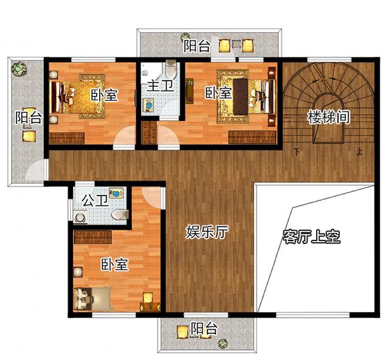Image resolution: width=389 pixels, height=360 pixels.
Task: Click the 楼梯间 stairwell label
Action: point(329,117)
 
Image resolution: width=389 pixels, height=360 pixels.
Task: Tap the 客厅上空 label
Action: point(312,237)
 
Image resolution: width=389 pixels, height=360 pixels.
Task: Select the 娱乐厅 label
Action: point(207,232)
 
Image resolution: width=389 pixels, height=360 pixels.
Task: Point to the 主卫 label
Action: point(160,86)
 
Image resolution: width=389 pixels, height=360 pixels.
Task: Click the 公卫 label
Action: point(95,200)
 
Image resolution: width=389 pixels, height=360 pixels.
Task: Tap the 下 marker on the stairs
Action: point(297,151)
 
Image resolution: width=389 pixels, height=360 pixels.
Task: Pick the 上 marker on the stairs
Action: point(359,151)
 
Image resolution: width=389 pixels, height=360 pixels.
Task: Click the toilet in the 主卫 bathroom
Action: point(171,68)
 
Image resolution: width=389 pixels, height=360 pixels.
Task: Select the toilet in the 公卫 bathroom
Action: point(120,214)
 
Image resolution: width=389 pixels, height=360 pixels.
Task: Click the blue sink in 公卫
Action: point(115,193)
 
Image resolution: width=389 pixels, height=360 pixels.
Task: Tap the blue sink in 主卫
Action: point(148,106)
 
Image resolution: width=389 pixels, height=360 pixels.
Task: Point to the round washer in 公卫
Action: point(80,218)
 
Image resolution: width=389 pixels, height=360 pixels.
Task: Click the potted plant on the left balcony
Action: point(19,69)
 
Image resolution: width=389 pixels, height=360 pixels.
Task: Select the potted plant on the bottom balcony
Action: point(223,344)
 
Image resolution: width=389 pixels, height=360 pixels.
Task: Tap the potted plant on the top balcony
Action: point(185,37)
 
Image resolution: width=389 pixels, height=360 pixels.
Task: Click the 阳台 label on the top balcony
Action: point(197,46)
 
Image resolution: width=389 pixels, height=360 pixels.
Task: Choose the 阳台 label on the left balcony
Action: point(29,117)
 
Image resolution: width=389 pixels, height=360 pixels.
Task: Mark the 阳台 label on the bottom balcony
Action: point(204,329)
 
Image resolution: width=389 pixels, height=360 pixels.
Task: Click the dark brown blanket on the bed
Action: point(241,97)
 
